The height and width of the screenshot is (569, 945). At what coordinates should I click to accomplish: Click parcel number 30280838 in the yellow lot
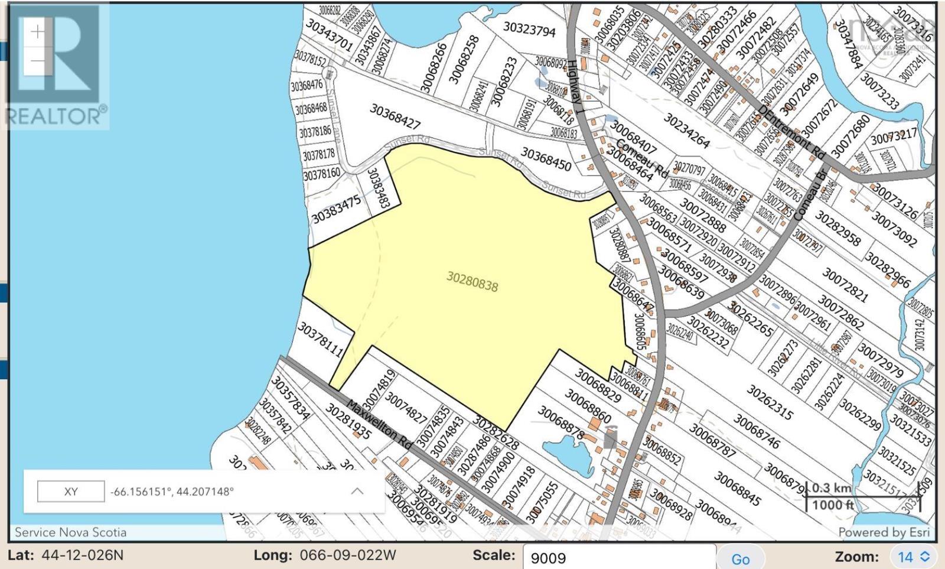click(472, 281)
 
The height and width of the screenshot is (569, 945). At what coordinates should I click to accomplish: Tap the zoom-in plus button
click(37, 31)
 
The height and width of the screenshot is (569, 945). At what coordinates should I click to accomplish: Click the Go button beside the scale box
click(740, 559)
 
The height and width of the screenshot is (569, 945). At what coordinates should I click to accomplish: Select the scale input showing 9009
click(618, 558)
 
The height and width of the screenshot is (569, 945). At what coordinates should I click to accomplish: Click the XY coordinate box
click(71, 492)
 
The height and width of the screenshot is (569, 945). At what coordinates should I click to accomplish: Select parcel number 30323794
click(529, 29)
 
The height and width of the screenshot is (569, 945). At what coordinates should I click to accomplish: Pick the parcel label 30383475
click(335, 210)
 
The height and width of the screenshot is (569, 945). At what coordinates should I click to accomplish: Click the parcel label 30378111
click(321, 339)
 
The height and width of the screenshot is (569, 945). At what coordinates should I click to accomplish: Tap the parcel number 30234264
click(686, 131)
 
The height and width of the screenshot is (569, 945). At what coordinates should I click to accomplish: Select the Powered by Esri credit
click(884, 532)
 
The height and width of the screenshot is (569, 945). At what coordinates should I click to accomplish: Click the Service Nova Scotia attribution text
click(70, 532)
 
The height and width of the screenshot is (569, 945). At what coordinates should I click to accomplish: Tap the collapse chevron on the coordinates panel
click(357, 492)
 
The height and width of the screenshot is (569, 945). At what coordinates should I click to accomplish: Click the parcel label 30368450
click(546, 160)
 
